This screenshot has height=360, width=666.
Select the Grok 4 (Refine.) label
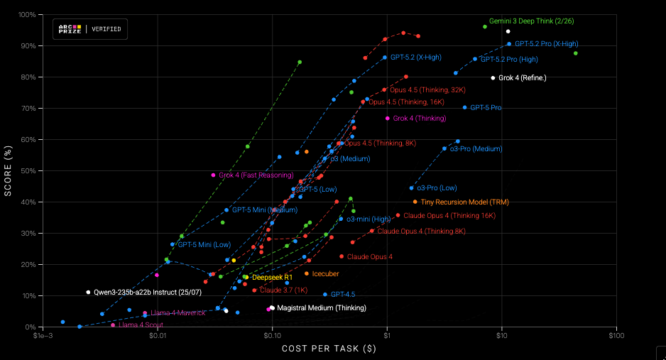point(523,77)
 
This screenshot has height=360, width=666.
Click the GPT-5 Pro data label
point(486,108)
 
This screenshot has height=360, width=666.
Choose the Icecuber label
point(325,273)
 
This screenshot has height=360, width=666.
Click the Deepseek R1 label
point(268,277)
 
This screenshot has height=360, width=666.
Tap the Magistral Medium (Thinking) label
point(322,308)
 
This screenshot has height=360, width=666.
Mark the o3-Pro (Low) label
point(437,188)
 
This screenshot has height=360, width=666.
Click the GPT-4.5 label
point(343,294)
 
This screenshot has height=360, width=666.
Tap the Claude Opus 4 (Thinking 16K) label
point(449,215)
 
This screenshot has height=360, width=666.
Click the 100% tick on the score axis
point(27,14)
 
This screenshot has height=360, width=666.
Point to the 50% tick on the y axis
point(28,170)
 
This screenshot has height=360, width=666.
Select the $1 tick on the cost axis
point(387,335)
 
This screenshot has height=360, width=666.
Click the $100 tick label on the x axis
point(616,335)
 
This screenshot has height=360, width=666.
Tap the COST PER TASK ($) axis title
point(329,349)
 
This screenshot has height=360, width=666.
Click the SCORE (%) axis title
point(9,170)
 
